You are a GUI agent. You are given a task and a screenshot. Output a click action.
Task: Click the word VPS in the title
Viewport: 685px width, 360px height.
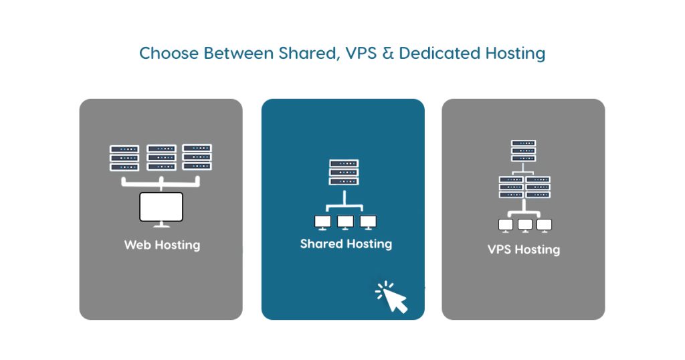(361, 54)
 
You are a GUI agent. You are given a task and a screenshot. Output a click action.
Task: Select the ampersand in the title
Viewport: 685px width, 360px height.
(388, 54)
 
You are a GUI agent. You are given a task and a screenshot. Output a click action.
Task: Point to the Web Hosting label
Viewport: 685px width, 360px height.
(162, 245)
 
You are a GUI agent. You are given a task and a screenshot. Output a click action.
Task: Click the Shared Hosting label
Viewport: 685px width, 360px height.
(346, 244)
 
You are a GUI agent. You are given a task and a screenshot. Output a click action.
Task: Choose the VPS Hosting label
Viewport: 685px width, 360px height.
(524, 250)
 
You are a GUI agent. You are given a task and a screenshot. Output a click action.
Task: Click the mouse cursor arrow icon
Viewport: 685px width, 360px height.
(392, 297)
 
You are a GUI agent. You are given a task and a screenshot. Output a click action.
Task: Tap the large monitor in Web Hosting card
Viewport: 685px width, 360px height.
(161, 209)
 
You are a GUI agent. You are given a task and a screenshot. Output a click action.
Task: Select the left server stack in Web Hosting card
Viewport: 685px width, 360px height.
(124, 158)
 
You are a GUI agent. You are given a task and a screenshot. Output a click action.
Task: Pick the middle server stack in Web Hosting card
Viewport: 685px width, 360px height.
(161, 158)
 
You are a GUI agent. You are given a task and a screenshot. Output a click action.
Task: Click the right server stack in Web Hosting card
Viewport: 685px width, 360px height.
(197, 157)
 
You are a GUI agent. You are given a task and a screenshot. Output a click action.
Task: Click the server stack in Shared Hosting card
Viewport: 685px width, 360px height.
(344, 172)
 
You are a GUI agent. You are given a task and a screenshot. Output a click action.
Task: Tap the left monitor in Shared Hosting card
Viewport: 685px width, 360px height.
(323, 222)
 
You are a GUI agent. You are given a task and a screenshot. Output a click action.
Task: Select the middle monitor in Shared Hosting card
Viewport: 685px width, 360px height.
(346, 222)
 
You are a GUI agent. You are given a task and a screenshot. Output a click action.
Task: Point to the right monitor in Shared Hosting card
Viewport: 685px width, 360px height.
(369, 222)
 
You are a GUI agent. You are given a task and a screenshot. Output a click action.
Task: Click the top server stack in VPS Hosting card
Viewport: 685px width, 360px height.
(523, 151)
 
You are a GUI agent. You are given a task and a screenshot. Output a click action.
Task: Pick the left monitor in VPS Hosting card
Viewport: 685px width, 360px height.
(506, 226)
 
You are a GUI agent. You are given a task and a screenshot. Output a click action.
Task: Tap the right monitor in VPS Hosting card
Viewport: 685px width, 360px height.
(545, 226)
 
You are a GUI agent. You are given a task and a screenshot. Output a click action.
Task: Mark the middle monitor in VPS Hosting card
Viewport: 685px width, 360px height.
(524, 226)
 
